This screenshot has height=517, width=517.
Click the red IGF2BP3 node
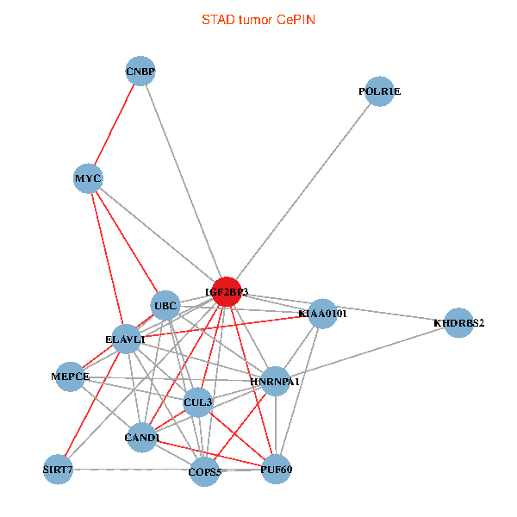point(226,292)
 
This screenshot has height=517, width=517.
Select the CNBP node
point(140,71)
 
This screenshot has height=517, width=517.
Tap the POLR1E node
point(379,91)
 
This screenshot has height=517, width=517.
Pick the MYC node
point(88,179)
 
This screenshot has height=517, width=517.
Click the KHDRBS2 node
point(458,323)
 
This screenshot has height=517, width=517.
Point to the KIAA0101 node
point(321,314)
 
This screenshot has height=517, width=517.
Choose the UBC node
point(165,306)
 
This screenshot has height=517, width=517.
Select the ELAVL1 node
point(127,339)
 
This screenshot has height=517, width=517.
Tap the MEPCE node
point(71,377)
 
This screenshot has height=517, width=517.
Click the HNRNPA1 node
point(275,381)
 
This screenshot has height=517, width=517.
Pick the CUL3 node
point(198,402)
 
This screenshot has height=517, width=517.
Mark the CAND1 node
point(142,438)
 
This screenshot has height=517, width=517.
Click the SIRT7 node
point(59,470)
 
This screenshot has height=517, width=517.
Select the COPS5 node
point(204,471)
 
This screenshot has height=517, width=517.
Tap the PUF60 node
point(275,470)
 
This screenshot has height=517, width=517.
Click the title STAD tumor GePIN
point(258,19)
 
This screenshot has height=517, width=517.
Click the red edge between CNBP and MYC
point(115,125)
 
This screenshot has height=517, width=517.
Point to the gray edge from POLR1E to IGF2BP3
point(302,191)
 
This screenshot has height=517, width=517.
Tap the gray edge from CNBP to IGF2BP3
point(183,181)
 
